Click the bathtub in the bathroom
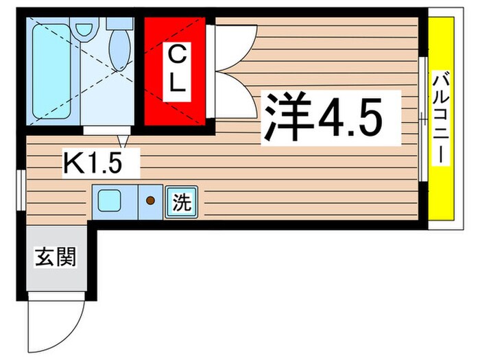pyautogui.click(x=52, y=71)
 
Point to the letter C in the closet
pyautogui.click(x=177, y=54)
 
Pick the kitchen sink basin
pyautogui.click(x=110, y=201)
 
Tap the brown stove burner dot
pyautogui.click(x=150, y=201)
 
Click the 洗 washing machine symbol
pyautogui.click(x=180, y=202)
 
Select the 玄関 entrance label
pyautogui.click(x=56, y=259)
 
